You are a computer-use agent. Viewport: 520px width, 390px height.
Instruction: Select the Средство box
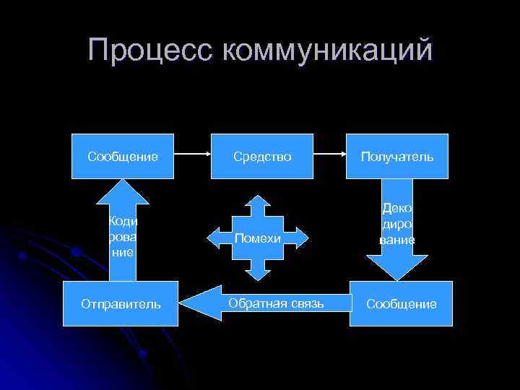pos(262,156)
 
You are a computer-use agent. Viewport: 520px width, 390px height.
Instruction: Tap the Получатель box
pos(396,156)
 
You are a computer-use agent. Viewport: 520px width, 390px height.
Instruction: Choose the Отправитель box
pos(123,304)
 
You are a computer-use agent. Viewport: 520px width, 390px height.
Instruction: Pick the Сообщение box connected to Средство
pos(123,156)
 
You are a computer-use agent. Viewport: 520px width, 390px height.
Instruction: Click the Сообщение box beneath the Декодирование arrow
pos(401,304)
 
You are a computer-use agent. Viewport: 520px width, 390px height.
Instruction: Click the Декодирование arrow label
pos(397,224)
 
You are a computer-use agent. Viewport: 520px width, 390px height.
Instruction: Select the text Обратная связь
pos(276,303)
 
